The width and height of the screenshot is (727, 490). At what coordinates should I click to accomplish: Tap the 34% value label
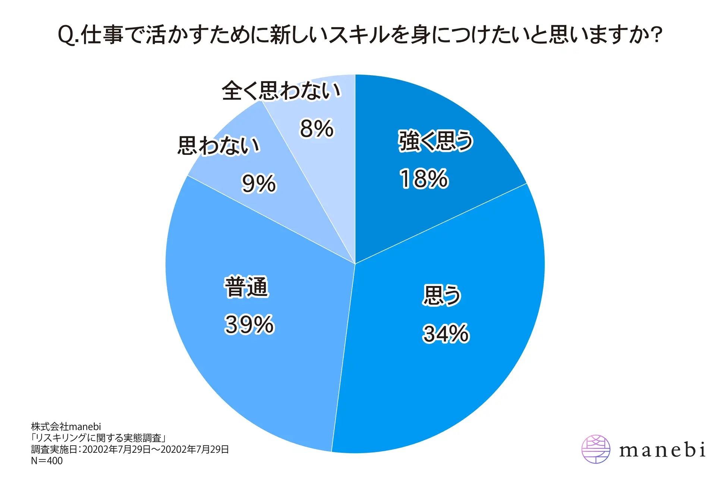[446, 333]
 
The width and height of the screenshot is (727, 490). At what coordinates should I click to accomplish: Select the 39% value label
[249, 324]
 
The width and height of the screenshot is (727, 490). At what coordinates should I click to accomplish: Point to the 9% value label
[259, 184]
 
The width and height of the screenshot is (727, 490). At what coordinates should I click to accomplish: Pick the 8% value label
[317, 129]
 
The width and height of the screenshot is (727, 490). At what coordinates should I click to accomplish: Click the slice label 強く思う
[436, 141]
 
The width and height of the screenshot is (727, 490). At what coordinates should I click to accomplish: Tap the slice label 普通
[246, 287]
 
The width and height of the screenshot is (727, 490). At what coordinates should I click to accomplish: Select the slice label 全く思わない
[281, 90]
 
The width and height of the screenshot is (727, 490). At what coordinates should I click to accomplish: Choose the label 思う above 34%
[442, 296]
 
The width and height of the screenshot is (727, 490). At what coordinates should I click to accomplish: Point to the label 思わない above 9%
[219, 145]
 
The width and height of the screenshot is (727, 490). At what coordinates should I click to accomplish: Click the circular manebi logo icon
[596, 449]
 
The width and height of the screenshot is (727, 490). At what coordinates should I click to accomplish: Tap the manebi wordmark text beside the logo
[662, 449]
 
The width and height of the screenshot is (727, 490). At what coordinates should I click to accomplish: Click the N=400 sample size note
[47, 461]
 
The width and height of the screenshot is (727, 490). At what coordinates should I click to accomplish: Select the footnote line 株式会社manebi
[66, 427]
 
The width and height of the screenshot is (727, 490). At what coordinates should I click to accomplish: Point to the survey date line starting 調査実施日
[130, 449]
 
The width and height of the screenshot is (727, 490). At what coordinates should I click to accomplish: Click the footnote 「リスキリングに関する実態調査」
[98, 438]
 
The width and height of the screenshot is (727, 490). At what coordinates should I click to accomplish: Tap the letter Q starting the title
[66, 35]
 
